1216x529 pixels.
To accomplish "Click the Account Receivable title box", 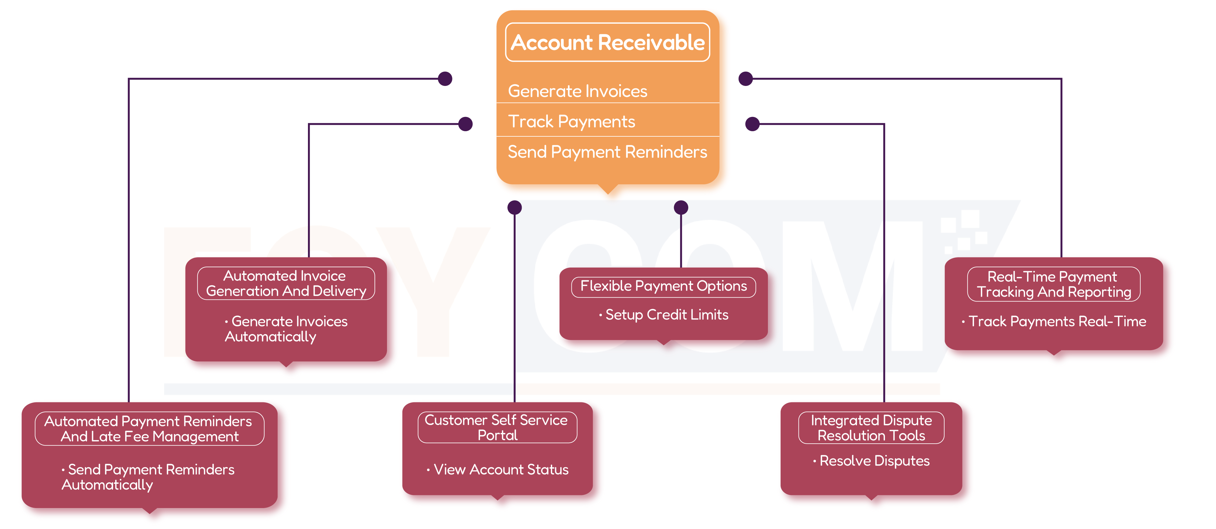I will pos(607,43).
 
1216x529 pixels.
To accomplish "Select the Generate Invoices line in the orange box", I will pos(577,91).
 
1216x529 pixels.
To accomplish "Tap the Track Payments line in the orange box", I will pos(571,122).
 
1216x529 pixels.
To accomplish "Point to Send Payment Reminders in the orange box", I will pos(607,152).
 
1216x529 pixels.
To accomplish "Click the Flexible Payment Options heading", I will pos(663,286).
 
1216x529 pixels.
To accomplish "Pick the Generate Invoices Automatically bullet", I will pos(285,329).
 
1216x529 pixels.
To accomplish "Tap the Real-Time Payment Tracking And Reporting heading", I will pos(1053,284).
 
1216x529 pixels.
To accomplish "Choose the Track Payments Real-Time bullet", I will pos(1056,322).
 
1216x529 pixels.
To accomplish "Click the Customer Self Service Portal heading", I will pos(497,428).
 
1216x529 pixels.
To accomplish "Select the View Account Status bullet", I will pos(500,469).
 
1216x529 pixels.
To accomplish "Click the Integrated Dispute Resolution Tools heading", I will pos(871,428).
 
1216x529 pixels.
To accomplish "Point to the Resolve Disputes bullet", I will pos(874,461).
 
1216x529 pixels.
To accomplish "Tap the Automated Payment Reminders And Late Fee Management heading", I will pos(149,428).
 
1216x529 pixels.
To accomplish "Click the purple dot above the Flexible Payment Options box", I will pos(681,207).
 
